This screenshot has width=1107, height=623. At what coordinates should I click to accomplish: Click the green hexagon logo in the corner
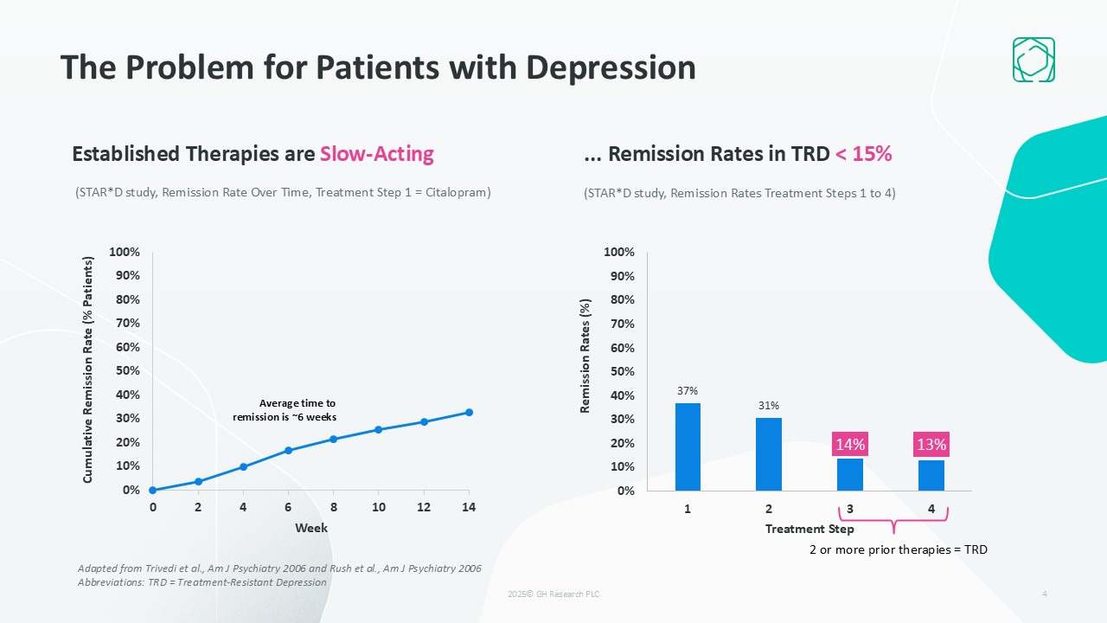1033,60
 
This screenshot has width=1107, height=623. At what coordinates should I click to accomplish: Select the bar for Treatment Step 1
688,446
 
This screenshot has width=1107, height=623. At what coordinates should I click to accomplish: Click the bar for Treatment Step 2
769,454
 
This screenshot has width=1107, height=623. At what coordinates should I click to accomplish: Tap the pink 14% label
850,445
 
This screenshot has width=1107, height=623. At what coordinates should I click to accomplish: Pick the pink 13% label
931,445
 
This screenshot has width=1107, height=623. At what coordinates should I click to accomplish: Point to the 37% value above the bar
688,391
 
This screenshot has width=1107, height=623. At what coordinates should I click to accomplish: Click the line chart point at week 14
469,412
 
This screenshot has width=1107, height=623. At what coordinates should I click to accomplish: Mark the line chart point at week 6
288,450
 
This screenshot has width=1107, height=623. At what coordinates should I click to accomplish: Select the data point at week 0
153,490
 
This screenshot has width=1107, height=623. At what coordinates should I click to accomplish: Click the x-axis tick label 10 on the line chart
378,508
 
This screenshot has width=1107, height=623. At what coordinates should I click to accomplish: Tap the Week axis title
311,528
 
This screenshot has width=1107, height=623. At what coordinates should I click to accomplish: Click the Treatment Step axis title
809,529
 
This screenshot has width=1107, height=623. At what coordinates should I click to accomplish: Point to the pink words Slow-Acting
376,154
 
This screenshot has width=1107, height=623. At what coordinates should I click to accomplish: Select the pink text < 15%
863,154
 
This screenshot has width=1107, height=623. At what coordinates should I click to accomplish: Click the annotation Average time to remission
285,410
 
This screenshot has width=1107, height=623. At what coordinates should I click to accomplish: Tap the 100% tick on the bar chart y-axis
619,252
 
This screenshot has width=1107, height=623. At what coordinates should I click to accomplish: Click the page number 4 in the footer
1045,594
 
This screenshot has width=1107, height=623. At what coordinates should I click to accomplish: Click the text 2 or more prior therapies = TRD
898,549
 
